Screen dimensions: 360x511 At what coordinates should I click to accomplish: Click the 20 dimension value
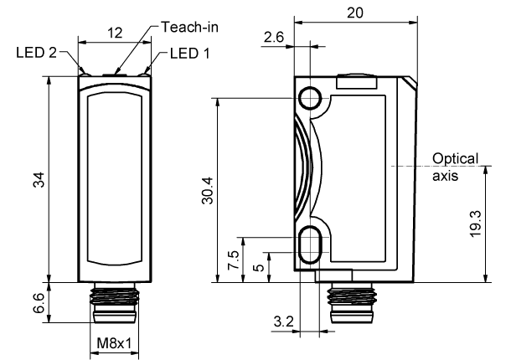click(354, 13)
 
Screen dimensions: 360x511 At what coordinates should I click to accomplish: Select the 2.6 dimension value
click(274, 38)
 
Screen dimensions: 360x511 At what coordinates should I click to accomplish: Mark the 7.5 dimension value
click(233, 260)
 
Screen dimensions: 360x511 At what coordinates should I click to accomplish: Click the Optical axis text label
click(455, 167)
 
